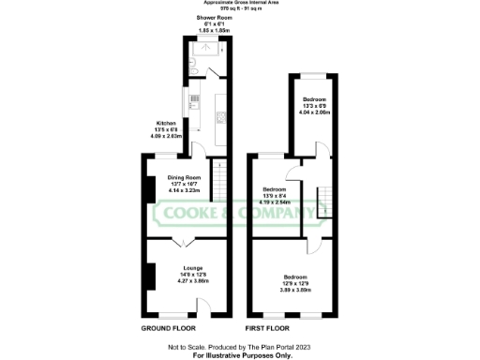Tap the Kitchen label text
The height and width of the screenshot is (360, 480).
165,123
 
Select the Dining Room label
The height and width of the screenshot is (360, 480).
185,177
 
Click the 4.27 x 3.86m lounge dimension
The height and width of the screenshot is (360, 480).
194,280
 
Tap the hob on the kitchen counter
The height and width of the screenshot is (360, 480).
221,117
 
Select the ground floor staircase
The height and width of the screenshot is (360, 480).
217,180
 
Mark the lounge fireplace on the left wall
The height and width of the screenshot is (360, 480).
149,275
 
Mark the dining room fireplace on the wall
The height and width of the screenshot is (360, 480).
149,188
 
